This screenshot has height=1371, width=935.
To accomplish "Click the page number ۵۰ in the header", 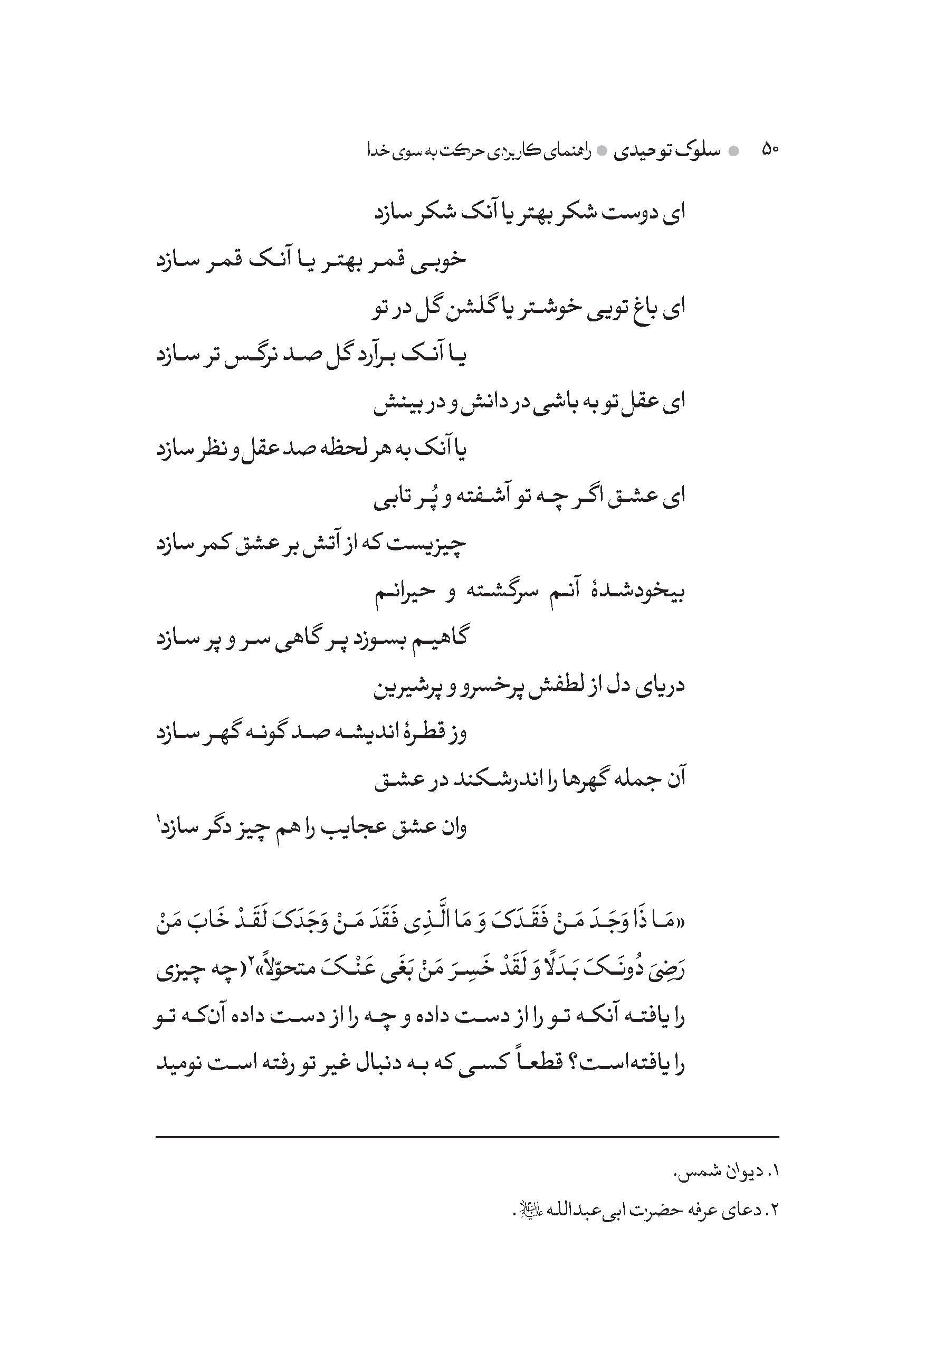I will (x=770, y=150).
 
